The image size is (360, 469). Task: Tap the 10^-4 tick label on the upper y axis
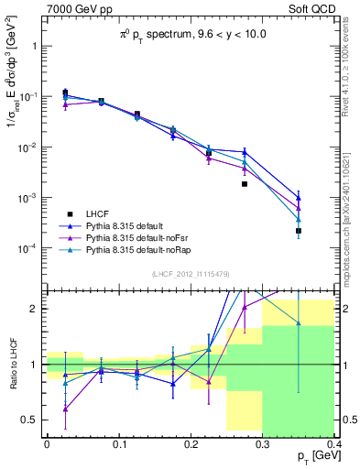[x=27, y=248]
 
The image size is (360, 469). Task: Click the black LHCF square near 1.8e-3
[x=245, y=184]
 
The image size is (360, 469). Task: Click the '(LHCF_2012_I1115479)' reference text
[x=190, y=274]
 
